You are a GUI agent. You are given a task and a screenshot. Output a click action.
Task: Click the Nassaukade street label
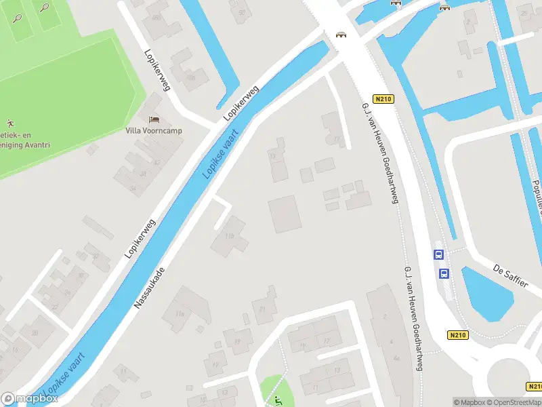pyautogui.click(x=149, y=288)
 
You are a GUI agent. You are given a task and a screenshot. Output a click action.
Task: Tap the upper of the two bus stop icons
pyautogui.click(x=439, y=255)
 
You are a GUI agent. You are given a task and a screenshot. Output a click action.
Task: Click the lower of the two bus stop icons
pyautogui.click(x=444, y=273)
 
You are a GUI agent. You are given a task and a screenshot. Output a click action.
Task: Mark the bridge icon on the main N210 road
pyautogui.click(x=341, y=35)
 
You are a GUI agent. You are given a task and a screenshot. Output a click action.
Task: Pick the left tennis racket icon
pyautogui.click(x=17, y=17)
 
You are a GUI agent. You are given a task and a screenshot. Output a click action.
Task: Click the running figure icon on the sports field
pyautogui.click(x=9, y=123)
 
